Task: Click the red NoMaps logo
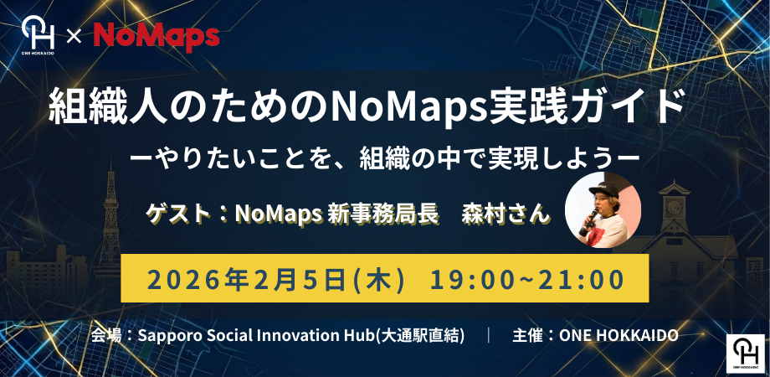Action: click(157, 37)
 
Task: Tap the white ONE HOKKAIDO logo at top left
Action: click(38, 35)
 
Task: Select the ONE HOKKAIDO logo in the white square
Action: click(746, 354)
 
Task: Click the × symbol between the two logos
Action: click(74, 37)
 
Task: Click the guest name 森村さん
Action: click(505, 214)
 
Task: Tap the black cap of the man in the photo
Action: click(604, 189)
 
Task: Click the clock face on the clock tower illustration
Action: click(675, 205)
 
